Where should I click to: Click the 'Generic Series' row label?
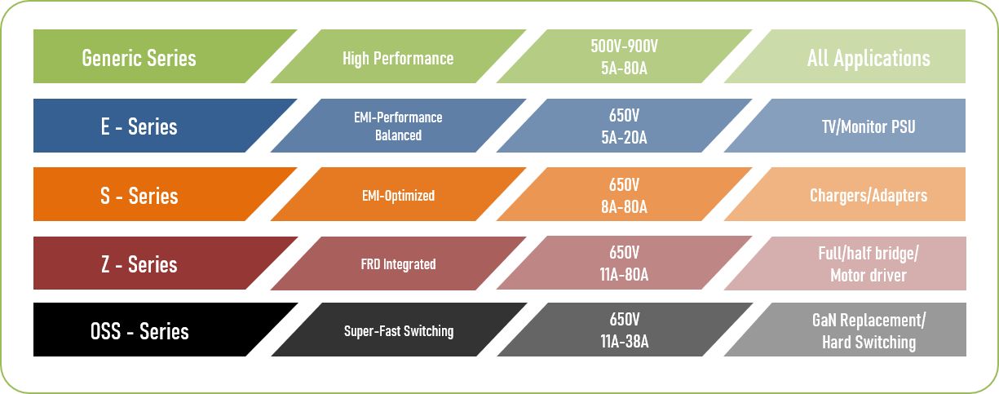(139, 58)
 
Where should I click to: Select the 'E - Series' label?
(139, 127)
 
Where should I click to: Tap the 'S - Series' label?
(139, 196)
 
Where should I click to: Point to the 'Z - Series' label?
(139, 264)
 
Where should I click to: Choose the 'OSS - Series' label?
(139, 332)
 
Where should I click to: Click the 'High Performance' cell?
(397, 58)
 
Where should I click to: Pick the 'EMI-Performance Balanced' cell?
(397, 126)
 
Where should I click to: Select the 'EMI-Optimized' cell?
(397, 196)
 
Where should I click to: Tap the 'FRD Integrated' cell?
(397, 264)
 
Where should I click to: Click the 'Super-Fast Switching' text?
(397, 331)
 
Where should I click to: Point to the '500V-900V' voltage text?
(624, 47)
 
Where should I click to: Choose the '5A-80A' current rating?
(624, 69)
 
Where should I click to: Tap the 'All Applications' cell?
(868, 58)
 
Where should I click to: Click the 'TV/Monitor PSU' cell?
(868, 127)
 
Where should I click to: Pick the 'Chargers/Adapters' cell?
(868, 196)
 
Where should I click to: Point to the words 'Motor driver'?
(868, 275)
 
